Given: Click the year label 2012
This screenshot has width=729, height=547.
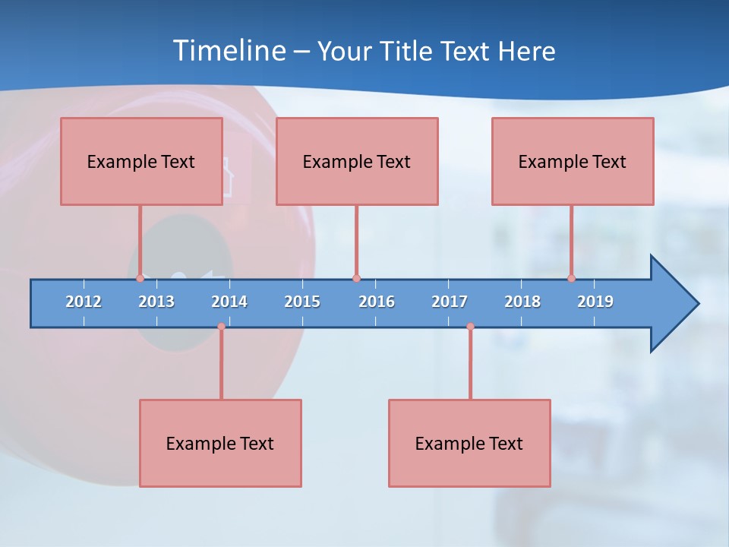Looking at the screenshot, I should (x=84, y=302).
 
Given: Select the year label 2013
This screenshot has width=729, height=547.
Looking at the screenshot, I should (x=156, y=302).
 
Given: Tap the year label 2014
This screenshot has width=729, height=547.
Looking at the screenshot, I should (x=229, y=302).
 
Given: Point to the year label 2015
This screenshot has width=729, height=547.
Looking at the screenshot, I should (x=302, y=302).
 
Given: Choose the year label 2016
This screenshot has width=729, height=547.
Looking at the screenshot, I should (x=377, y=302).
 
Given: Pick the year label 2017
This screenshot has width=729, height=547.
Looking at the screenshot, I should (x=450, y=302).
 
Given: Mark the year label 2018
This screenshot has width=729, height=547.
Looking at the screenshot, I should (x=522, y=302).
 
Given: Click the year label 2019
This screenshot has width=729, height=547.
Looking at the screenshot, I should (x=595, y=302).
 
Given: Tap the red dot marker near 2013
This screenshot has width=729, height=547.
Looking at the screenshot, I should (x=140, y=278).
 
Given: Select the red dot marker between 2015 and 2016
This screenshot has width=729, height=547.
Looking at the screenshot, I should (x=356, y=278).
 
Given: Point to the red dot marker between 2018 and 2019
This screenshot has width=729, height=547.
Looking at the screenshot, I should (x=572, y=278).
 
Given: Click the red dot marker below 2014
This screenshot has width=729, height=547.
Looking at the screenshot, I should (x=221, y=327).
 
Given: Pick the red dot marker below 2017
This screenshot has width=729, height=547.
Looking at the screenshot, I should (x=470, y=327).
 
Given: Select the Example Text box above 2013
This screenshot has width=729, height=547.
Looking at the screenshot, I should (x=141, y=161).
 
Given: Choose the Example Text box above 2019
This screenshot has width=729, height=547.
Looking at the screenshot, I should (x=573, y=161).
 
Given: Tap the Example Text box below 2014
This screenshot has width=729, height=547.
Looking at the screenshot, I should (x=220, y=443).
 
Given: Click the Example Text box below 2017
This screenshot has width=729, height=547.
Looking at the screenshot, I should (x=469, y=443).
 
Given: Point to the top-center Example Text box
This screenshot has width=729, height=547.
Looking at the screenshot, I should (x=357, y=161).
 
